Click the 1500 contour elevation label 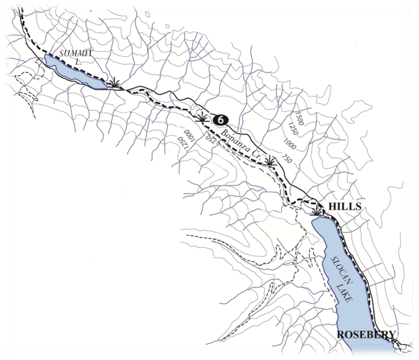click(299, 117)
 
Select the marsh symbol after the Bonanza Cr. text click(271, 161)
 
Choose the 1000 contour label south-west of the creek click(189, 138)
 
